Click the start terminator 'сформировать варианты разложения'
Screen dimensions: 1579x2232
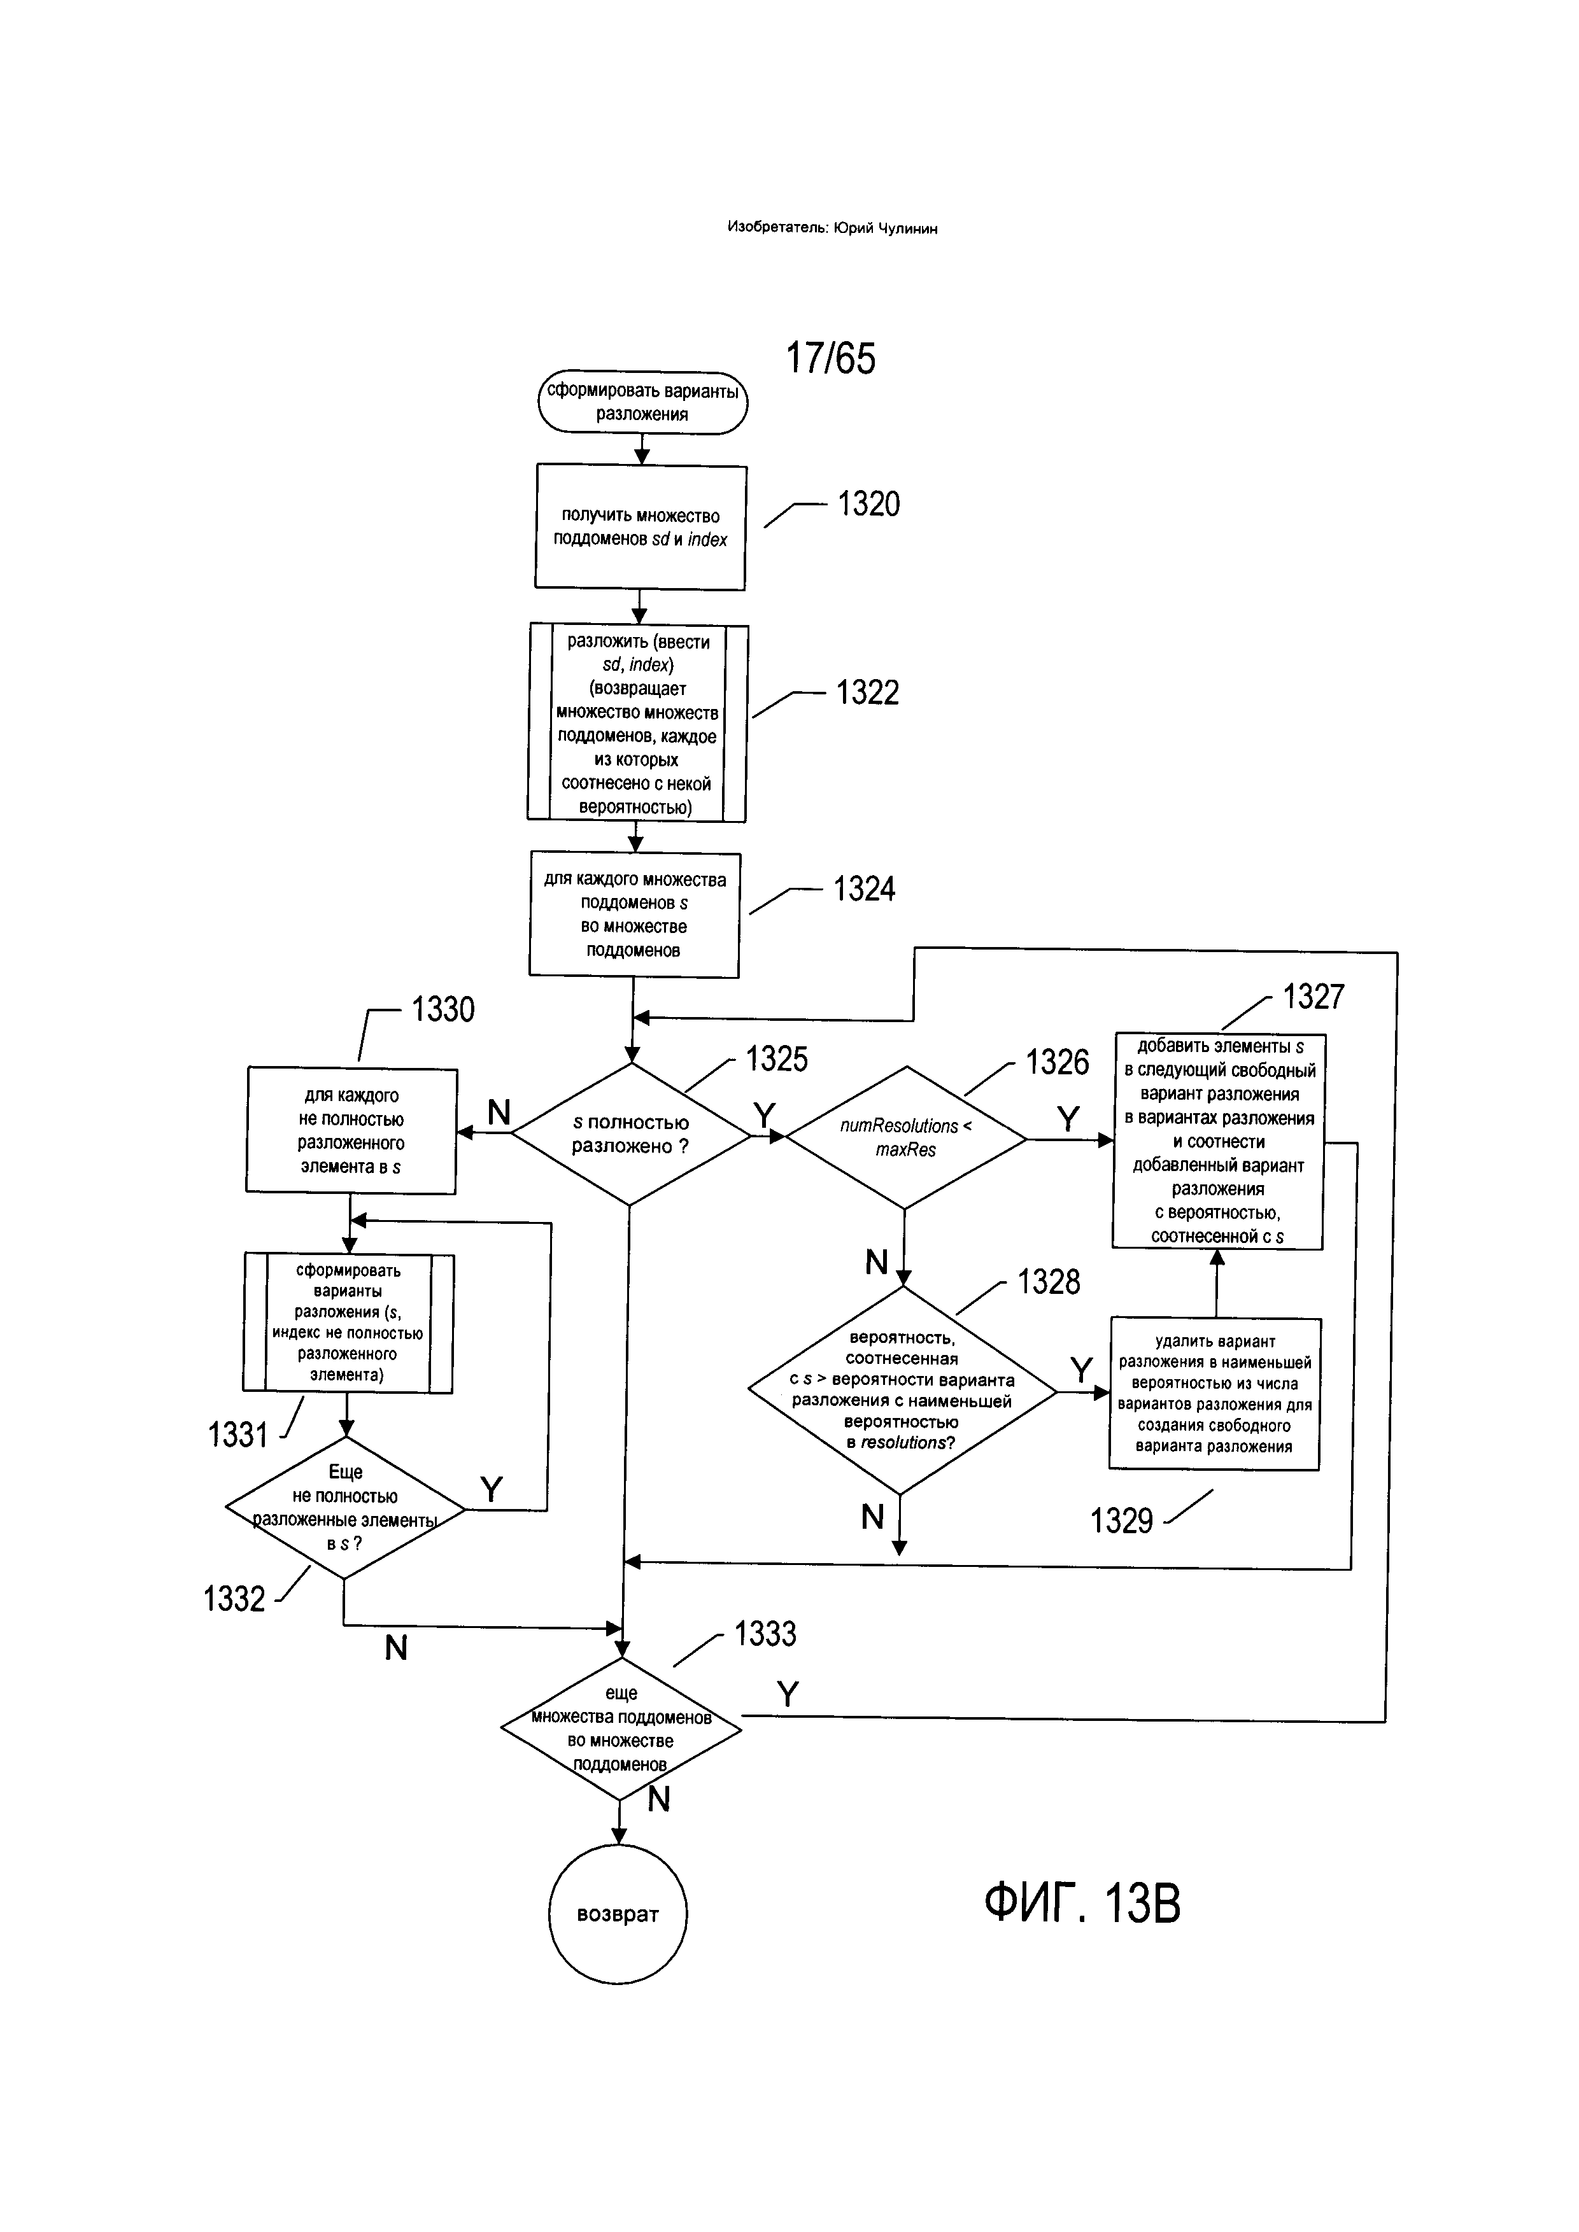(x=642, y=402)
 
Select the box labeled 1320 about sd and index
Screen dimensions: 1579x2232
(x=641, y=528)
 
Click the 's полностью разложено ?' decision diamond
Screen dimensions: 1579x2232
(x=631, y=1135)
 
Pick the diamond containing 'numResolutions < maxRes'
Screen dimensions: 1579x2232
(x=905, y=1137)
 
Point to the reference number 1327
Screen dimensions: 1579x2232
(x=1313, y=997)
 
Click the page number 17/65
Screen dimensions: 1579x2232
(x=830, y=358)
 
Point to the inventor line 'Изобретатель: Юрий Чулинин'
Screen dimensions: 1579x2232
(x=832, y=228)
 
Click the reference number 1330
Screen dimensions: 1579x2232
(x=443, y=1009)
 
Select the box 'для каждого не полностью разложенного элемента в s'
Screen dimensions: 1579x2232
(x=351, y=1130)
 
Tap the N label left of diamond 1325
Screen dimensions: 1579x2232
(x=499, y=1112)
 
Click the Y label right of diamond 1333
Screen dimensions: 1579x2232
(x=788, y=1694)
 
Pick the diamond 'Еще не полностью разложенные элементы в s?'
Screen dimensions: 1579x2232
(x=345, y=1508)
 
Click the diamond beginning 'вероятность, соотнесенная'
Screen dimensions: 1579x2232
(x=902, y=1390)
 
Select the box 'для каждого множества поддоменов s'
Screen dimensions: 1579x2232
(x=634, y=915)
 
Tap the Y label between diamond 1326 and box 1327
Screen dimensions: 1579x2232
(x=1068, y=1119)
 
